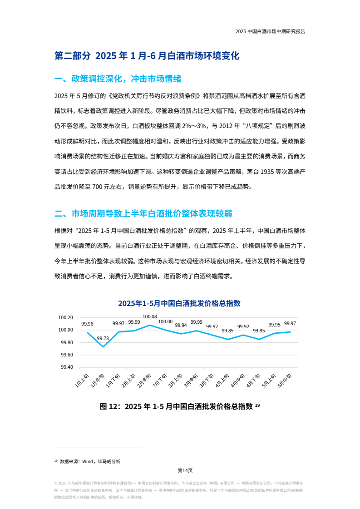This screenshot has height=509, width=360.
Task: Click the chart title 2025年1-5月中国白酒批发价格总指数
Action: [x=179, y=303]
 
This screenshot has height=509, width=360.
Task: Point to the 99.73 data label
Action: [x=103, y=338]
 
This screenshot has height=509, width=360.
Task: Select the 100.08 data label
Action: [x=150, y=317]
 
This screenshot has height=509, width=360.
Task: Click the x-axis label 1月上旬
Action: [x=82, y=380]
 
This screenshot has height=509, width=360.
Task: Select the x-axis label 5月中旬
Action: [x=284, y=380]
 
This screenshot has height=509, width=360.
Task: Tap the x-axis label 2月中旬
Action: [x=144, y=380]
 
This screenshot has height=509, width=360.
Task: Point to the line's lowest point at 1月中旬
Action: [x=103, y=347]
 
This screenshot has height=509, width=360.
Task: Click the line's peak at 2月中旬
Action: [x=150, y=325]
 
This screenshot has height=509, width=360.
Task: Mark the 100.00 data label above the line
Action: [x=165, y=322]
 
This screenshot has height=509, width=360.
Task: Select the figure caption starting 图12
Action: [x=180, y=406]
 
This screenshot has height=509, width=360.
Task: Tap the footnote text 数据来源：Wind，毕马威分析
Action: [x=90, y=461]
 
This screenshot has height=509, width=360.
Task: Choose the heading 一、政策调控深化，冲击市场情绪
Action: [x=118, y=79]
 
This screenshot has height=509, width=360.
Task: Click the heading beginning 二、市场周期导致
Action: [x=143, y=213]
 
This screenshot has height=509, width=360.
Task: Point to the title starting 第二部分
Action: [x=147, y=56]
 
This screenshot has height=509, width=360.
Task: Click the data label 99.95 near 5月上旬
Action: [x=274, y=325]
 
